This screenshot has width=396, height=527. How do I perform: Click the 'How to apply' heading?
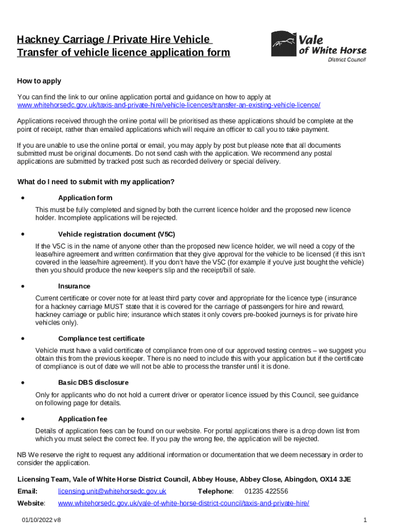click(x=39, y=81)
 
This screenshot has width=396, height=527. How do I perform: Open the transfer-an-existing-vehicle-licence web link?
click(x=169, y=105)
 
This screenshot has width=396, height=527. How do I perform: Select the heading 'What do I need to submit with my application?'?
click(x=96, y=182)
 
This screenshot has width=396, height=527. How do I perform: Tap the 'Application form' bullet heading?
click(x=85, y=198)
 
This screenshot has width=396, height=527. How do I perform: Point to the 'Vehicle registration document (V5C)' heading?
click(x=117, y=234)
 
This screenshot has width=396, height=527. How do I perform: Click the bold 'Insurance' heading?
click(x=74, y=286)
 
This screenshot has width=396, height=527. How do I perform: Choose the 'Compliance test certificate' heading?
click(x=101, y=339)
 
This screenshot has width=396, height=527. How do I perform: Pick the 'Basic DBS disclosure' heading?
click(x=93, y=382)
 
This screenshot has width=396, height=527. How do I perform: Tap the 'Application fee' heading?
click(x=83, y=419)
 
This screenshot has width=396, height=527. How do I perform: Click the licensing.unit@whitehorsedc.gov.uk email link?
click(x=112, y=491)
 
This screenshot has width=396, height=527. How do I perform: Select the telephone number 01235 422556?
click(x=266, y=491)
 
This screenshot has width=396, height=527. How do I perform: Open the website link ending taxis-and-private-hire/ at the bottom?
click(x=184, y=503)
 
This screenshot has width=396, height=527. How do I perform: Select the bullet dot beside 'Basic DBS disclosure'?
click(x=23, y=382)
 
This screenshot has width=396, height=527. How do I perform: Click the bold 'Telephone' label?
click(x=215, y=491)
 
